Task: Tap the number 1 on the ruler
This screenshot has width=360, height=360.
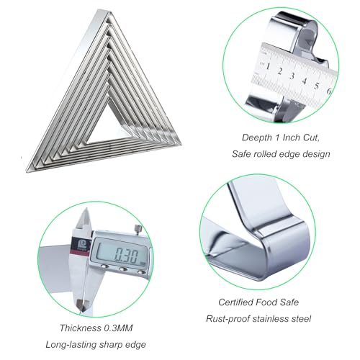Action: (268, 66)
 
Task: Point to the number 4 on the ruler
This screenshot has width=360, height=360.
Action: (305, 81)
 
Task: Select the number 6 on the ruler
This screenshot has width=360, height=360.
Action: (329, 91)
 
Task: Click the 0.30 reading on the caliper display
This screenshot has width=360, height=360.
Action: (127, 256)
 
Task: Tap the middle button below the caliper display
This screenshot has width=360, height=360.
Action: (123, 269)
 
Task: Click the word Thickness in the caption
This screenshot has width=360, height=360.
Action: (79, 328)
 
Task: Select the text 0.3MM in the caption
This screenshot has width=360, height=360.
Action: (118, 328)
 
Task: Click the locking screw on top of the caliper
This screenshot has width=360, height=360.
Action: (138, 229)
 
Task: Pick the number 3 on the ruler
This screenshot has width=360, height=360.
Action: (292, 76)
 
